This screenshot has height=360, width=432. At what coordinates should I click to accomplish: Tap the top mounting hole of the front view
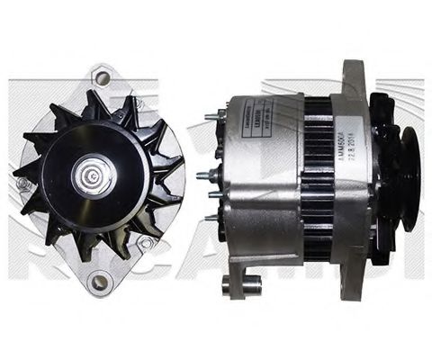(102, 78)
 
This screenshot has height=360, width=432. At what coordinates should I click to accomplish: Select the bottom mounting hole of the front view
(101, 283)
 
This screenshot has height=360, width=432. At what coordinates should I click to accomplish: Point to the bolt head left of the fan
(22, 183)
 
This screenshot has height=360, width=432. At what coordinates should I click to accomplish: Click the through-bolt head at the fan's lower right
(143, 243)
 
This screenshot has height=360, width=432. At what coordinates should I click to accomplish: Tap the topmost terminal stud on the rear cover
(212, 115)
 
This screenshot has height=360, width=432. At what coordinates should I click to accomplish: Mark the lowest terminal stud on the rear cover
(212, 216)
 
